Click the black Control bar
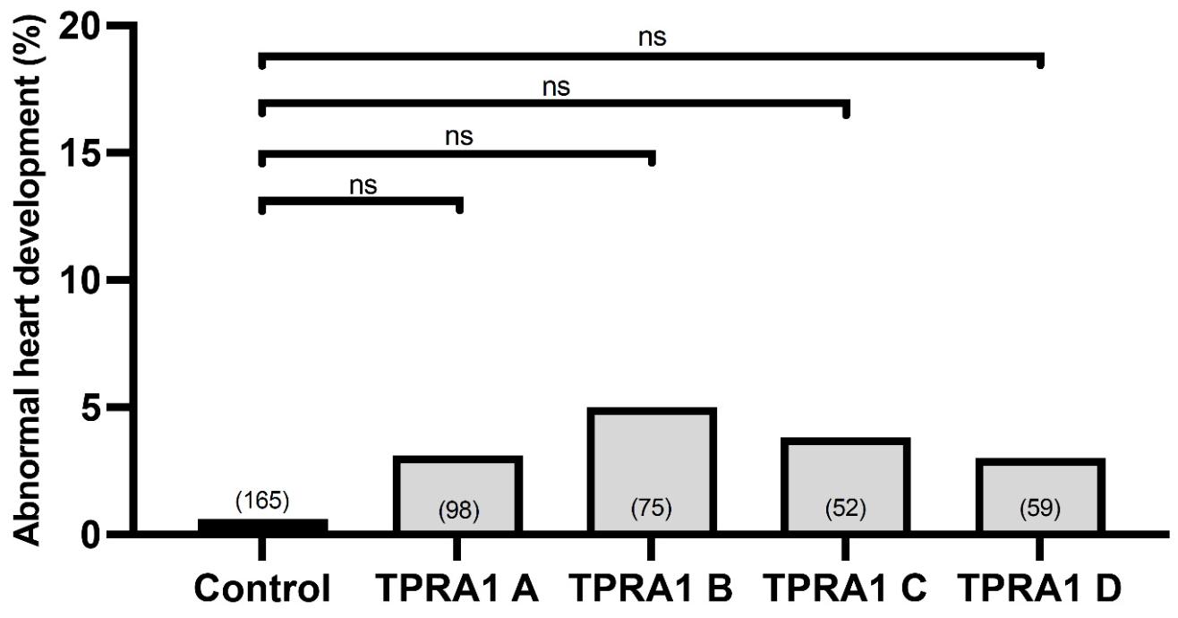click(262, 526)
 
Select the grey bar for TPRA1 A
click(457, 484)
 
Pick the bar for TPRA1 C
click(845, 475)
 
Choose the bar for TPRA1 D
click(1039, 484)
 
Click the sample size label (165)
click(262, 501)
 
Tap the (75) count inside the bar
click(651, 510)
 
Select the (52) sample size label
click(845, 511)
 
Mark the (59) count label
click(1039, 511)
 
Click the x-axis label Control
click(262, 588)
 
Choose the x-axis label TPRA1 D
click(1039, 588)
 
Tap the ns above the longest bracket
click(652, 38)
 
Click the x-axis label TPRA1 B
click(651, 588)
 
